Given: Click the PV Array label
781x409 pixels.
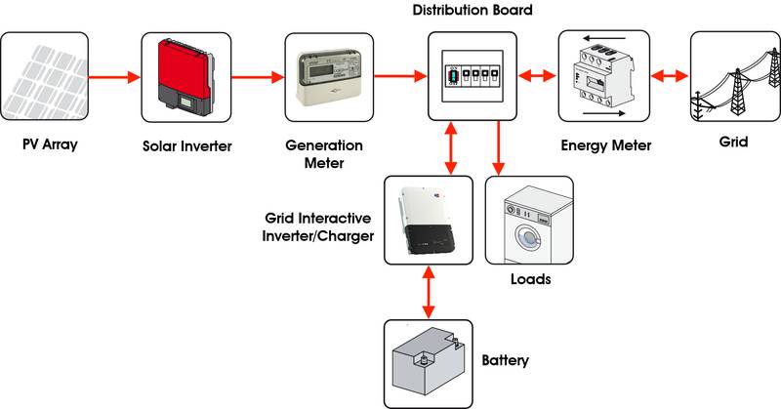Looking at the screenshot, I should [50, 145].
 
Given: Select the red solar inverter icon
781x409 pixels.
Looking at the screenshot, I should [186, 74].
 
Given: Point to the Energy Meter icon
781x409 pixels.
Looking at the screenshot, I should [602, 74].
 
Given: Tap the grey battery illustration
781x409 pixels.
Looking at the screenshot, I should [428, 362].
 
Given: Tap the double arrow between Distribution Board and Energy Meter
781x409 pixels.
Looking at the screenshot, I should [537, 74].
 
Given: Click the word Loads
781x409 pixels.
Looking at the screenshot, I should [530, 279].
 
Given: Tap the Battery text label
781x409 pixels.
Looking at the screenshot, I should [506, 360].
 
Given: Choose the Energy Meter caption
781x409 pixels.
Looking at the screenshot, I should [606, 145].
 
